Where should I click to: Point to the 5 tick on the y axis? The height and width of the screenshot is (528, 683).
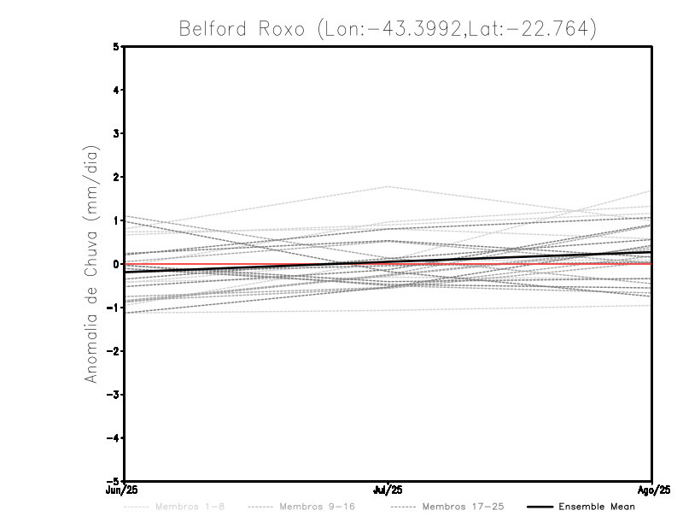(x=116, y=46)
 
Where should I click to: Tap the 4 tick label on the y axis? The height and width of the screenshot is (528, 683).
(x=116, y=90)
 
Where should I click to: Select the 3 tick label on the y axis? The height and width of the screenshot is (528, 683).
(x=116, y=133)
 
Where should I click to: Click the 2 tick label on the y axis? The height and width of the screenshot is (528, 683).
(x=116, y=177)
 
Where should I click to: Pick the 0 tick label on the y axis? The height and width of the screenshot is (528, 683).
(x=116, y=264)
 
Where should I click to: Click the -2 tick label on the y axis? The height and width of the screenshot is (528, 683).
(x=114, y=351)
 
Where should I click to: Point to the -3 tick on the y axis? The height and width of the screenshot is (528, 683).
(x=114, y=395)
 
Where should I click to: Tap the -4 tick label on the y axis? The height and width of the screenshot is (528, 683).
(x=114, y=438)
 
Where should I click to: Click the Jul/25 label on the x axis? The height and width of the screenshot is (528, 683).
(x=388, y=490)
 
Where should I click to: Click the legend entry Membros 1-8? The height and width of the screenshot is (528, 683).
(x=190, y=507)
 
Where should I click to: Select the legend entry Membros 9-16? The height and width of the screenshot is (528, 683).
(x=316, y=507)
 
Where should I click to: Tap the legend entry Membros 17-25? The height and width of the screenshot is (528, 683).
(x=463, y=507)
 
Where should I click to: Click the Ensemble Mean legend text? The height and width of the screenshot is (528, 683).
(x=597, y=507)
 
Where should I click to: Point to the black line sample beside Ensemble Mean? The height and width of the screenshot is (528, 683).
(x=539, y=507)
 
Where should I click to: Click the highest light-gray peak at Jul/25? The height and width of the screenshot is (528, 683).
(x=388, y=186)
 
